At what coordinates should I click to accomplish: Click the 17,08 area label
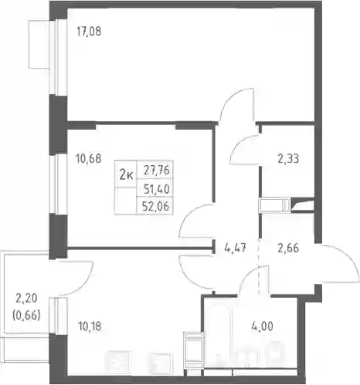[89, 32]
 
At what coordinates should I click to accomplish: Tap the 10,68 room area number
[89, 159]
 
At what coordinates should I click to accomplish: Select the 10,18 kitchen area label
[89, 326]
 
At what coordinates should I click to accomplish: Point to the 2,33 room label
[288, 159]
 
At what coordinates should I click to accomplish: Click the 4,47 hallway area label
[236, 248]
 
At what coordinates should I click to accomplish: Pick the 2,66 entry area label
[288, 248]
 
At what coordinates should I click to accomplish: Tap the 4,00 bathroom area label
[263, 326]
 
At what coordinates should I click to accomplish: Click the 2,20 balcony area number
[26, 299]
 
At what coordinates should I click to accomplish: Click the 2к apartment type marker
[127, 176]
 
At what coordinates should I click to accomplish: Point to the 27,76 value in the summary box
[157, 171]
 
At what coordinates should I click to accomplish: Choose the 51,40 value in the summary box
[157, 190]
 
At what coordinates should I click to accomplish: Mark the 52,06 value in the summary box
[156, 206]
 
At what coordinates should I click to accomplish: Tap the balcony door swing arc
[85, 283]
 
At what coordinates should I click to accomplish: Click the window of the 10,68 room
[59, 184]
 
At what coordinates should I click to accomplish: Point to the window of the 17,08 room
[59, 57]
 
